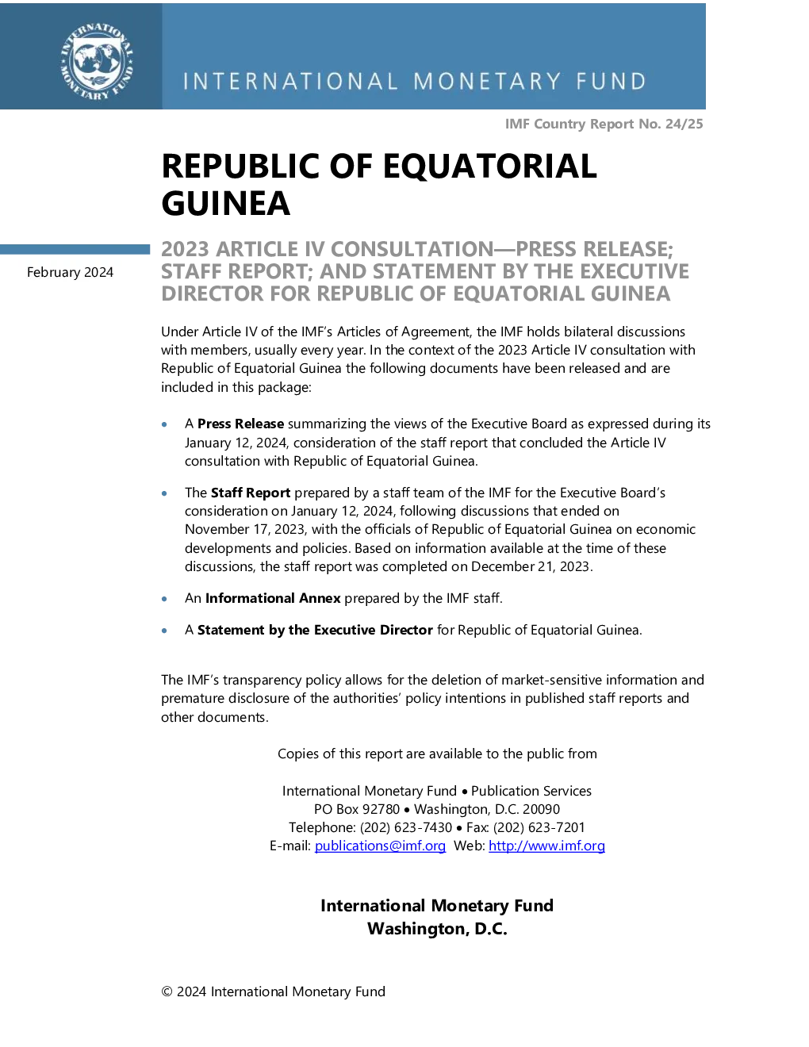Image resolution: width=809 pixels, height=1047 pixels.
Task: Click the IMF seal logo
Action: (x=97, y=62)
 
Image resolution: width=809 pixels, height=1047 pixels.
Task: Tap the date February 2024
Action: (x=71, y=273)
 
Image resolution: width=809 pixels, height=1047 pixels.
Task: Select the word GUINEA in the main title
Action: (x=225, y=203)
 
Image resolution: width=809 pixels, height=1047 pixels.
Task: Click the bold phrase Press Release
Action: (x=240, y=424)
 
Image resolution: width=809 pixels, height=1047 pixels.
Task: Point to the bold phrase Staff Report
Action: (x=251, y=493)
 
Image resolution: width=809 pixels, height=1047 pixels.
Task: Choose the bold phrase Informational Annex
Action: (x=273, y=598)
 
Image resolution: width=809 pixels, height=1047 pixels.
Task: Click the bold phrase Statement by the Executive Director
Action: (x=315, y=631)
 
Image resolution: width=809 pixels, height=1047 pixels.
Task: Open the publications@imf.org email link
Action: (x=380, y=846)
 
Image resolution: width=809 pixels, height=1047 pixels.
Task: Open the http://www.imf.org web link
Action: (x=547, y=846)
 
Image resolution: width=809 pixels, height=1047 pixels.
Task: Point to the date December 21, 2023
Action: (x=530, y=566)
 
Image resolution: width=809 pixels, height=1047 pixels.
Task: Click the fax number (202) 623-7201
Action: (x=539, y=827)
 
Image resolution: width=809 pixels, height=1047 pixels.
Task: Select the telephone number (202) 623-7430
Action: (x=406, y=827)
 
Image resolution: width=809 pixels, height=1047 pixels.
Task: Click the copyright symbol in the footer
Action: (x=167, y=991)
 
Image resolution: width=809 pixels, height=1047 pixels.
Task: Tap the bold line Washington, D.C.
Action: (x=437, y=929)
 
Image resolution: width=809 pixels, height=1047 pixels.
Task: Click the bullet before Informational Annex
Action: (x=164, y=599)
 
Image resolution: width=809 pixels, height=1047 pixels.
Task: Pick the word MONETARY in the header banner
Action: (x=487, y=82)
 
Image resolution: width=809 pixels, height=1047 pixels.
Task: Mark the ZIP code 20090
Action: (x=541, y=809)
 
